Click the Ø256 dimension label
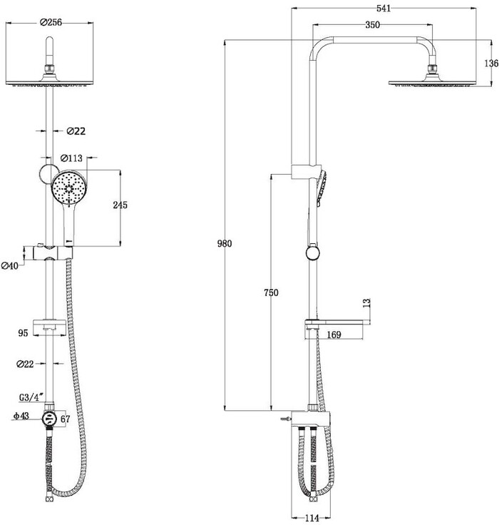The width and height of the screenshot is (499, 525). (x=51, y=22)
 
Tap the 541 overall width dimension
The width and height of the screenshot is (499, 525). (x=384, y=9)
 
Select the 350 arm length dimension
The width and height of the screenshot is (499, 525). (x=373, y=25)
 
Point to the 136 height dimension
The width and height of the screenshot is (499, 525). (x=491, y=63)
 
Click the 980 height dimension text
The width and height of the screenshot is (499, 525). (x=225, y=243)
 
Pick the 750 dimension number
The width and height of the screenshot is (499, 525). (x=271, y=292)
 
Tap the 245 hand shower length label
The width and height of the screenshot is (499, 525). (x=120, y=205)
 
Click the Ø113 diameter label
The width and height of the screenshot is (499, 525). (x=71, y=158)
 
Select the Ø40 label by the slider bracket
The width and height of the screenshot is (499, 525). (x=10, y=266)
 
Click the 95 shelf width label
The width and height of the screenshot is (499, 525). (x=23, y=333)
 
